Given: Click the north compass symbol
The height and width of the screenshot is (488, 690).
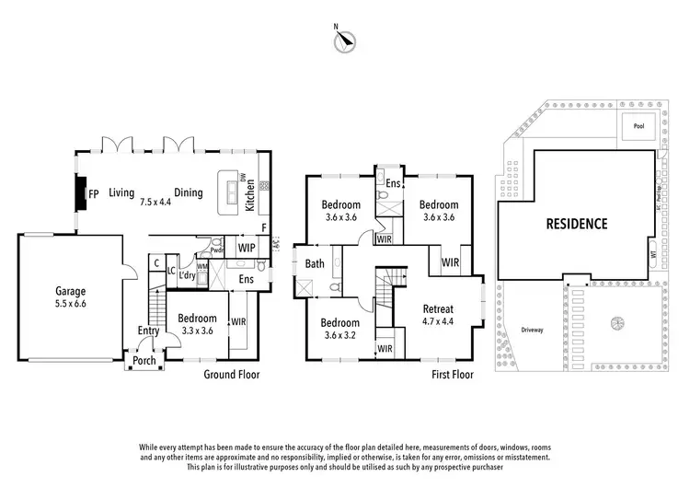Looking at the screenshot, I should point(344,40).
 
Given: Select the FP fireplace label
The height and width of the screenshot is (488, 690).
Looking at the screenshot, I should point(93,193).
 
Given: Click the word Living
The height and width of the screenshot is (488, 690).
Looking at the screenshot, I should point(121,193).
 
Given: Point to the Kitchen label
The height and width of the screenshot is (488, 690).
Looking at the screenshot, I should point(248,192).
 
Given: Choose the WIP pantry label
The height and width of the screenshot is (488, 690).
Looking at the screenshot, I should point(246,248).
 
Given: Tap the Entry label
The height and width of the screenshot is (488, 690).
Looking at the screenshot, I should point(149,331).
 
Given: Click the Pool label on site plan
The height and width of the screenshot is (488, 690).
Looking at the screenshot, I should point(638,126).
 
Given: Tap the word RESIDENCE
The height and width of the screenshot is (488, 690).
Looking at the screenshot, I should point(576,223).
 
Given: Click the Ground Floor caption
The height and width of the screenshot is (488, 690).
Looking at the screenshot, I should point(232,375).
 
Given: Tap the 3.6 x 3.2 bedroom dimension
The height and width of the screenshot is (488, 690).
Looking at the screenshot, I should point(341,335).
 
